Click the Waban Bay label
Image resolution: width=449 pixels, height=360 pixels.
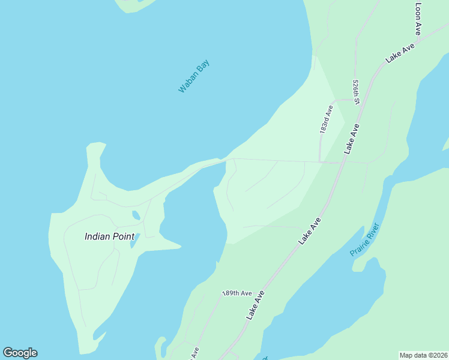[x=194, y=76]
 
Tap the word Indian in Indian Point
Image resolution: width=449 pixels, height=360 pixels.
[x=98, y=236]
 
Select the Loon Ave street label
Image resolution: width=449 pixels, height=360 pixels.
[x=419, y=18]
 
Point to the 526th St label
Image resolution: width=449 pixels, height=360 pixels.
[x=356, y=92]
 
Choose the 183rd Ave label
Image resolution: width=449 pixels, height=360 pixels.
[x=326, y=119]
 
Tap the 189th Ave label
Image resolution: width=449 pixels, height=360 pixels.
[x=237, y=293]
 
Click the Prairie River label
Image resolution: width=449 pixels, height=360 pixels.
[x=364, y=240]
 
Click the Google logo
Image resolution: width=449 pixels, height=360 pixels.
[x=20, y=353]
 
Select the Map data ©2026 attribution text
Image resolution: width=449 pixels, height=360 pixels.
[x=423, y=355]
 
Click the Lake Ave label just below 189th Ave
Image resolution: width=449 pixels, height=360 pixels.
[x=255, y=305]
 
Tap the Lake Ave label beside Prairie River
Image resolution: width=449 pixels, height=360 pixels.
[x=310, y=230]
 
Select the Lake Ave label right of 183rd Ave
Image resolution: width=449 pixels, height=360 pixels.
[x=352, y=139]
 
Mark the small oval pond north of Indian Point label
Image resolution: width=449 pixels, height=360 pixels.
[x=136, y=214]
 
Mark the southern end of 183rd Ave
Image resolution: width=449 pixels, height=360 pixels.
[x=321, y=161]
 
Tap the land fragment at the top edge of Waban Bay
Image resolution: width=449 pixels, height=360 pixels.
[x=135, y=5]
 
